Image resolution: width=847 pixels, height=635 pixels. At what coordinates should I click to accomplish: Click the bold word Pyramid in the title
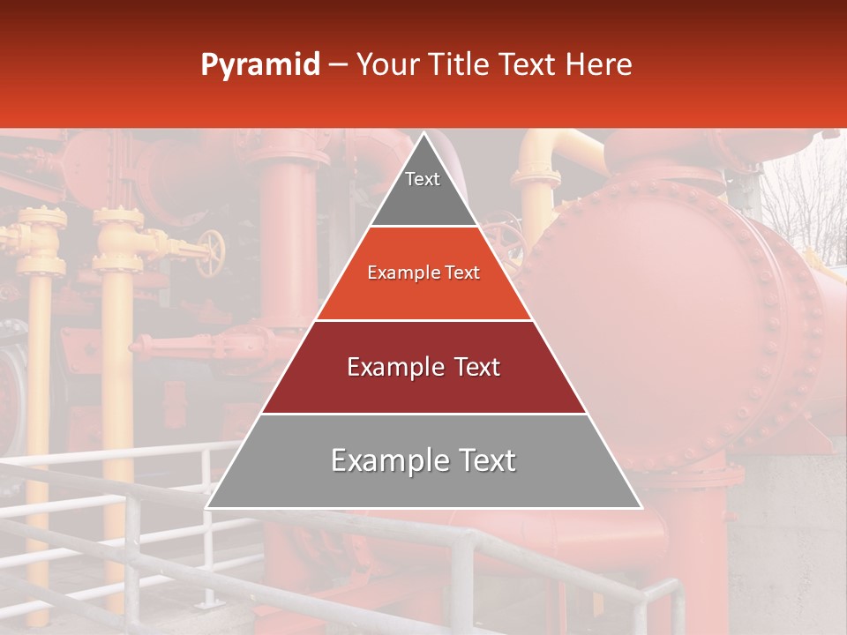click(x=260, y=65)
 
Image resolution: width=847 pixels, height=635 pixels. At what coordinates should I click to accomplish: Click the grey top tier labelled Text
click(x=423, y=194)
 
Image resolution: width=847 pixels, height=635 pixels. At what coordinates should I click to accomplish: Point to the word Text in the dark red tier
click(x=471, y=367)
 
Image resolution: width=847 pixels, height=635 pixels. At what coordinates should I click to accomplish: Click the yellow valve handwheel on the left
click(x=211, y=252)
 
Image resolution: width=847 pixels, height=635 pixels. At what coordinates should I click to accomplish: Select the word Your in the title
click(x=389, y=65)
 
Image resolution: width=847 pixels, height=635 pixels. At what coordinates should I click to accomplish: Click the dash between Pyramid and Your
click(x=337, y=65)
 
